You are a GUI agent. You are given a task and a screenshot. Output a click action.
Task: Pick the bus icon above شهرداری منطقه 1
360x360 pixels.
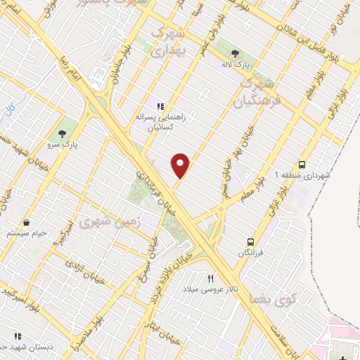(x=302, y=162)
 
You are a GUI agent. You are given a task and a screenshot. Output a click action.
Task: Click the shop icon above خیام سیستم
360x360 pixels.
(x=27, y=222)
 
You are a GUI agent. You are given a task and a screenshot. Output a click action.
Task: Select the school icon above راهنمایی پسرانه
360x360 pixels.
(x=161, y=107)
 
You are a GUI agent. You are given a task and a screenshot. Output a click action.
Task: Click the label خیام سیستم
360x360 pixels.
(x=27, y=233)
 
